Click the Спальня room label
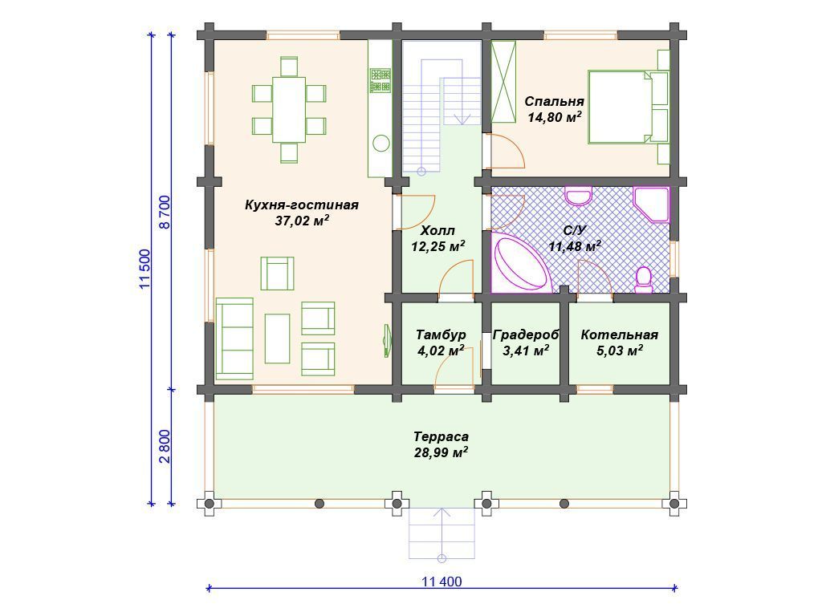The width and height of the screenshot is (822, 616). (554, 101)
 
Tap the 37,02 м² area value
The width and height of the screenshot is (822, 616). (302, 221)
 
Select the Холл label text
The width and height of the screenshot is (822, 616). (437, 230)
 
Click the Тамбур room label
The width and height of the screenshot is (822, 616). (441, 334)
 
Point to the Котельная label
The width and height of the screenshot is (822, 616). (619, 334)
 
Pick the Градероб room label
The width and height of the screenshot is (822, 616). (526, 334)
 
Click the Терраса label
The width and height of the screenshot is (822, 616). (441, 436)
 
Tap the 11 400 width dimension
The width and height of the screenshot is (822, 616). (442, 582)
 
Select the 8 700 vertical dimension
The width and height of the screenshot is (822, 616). (164, 212)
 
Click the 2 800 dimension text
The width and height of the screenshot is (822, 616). (164, 446)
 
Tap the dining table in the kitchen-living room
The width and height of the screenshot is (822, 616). (289, 109)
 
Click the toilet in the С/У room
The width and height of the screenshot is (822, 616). (643, 280)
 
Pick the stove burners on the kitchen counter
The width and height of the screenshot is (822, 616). (380, 80)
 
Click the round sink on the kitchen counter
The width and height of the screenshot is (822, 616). (381, 143)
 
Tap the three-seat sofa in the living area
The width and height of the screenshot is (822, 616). (235, 338)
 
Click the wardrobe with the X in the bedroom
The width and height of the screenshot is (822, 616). (503, 82)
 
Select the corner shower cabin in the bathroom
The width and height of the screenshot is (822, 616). (652, 204)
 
